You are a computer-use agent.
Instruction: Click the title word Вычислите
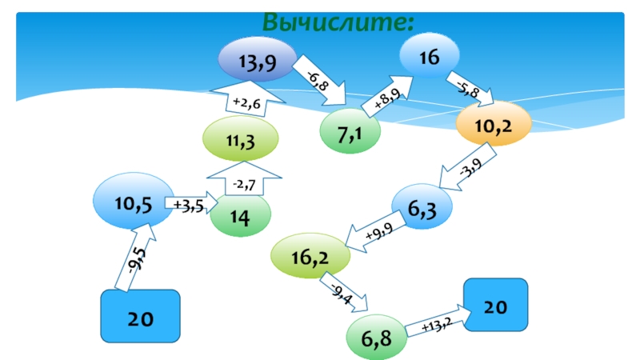point(338,22)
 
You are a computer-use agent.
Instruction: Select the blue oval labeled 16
point(430,56)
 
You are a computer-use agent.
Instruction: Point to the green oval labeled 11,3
point(240,142)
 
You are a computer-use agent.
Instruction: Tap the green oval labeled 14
point(240,215)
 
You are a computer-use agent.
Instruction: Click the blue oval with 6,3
point(422,209)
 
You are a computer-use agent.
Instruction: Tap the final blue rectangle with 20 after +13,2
point(496,306)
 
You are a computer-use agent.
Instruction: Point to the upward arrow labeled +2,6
point(241,101)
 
